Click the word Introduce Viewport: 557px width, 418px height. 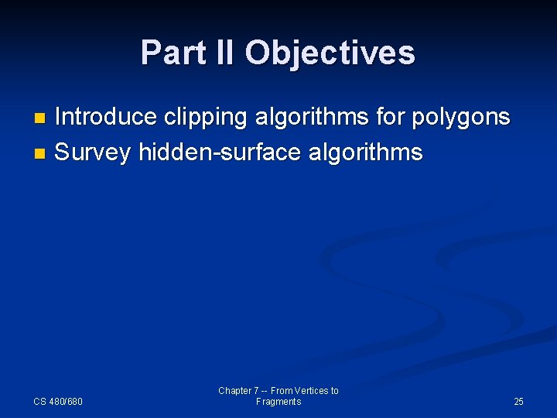[x=108, y=117]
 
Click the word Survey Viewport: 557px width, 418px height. [x=93, y=152]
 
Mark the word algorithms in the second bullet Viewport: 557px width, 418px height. [x=365, y=152]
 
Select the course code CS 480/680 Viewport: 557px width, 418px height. [x=58, y=402]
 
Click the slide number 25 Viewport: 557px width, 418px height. [x=518, y=402]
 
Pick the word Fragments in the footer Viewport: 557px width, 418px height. [x=278, y=402]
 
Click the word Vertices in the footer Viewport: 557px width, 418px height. [x=313, y=391]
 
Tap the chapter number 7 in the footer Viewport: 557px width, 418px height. [x=256, y=391]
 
